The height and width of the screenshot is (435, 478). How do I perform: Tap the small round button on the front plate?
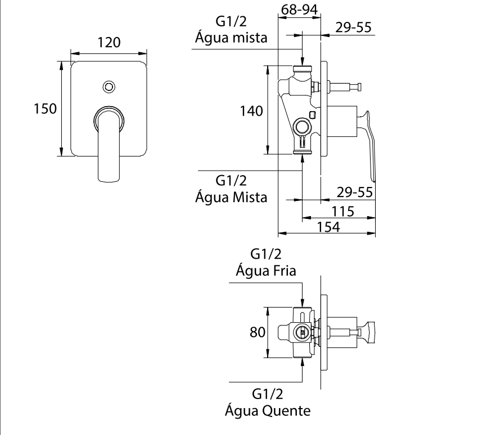coord(109,87)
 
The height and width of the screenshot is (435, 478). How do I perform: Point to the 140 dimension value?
coord(251,111)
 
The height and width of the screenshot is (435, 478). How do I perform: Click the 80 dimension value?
coord(257,332)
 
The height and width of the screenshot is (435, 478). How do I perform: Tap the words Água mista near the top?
coord(231,38)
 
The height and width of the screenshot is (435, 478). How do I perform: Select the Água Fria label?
coord(266,271)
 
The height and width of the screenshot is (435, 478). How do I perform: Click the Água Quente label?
coord(267,411)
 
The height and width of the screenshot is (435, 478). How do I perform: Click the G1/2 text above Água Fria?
coord(266,254)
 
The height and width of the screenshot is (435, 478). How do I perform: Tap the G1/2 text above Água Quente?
coord(267,394)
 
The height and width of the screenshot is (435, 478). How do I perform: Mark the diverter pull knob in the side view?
coord(357,87)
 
